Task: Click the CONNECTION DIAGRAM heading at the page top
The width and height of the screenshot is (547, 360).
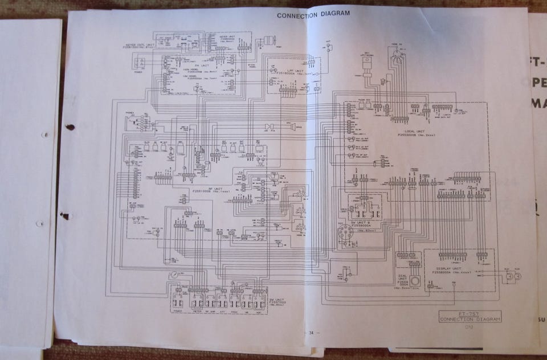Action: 313,14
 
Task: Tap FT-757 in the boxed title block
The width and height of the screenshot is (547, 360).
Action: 470,314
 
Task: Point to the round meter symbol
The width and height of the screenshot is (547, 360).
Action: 173,275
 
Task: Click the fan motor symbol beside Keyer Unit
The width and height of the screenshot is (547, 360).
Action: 270,40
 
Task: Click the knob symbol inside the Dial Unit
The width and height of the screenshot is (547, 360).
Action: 417,282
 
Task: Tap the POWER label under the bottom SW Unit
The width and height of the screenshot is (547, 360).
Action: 178,311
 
